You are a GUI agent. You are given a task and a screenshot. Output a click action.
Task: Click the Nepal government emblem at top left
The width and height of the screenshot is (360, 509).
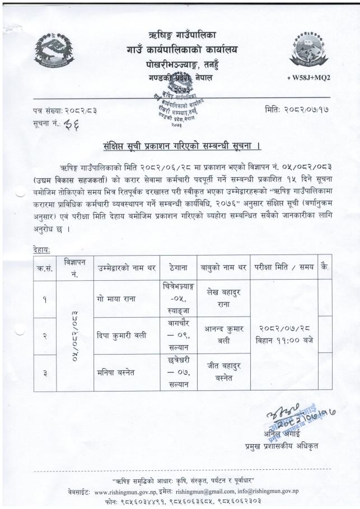pos(54,51)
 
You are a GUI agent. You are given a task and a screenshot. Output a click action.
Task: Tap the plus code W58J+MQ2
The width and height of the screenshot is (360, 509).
pos(308,78)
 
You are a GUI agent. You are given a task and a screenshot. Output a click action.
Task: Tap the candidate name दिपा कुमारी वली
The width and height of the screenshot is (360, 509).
pos(121,336)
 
